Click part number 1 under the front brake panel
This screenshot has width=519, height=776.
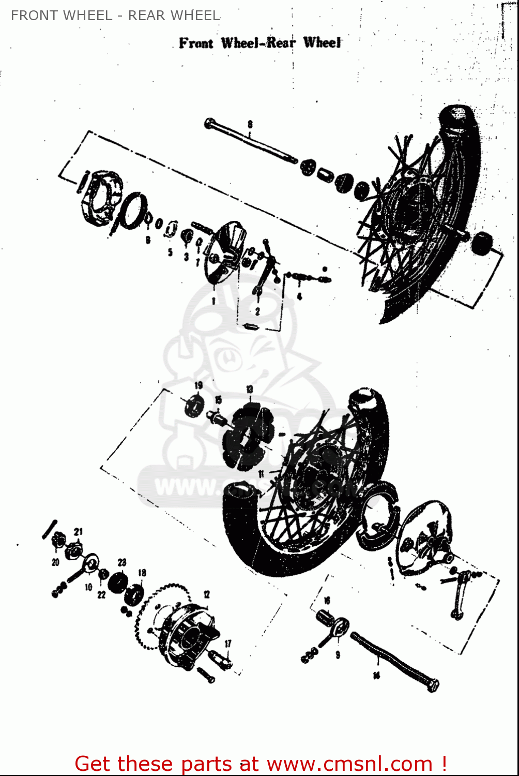point(213,300)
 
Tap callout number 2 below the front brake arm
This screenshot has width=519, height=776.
point(257,311)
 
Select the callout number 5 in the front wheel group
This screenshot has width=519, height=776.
point(170,253)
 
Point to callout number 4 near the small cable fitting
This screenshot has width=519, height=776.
point(299,296)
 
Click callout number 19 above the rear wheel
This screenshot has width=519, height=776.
point(199,385)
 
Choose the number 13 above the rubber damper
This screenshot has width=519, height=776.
point(250,389)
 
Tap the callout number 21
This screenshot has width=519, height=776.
point(78,531)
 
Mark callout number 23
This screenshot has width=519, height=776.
point(122,562)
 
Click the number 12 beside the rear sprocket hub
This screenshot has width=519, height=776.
point(206,594)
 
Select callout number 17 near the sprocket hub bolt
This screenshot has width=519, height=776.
point(228,644)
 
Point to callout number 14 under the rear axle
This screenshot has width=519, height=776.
point(376,675)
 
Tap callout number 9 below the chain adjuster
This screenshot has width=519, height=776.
point(338,655)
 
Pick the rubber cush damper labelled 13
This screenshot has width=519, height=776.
point(246,437)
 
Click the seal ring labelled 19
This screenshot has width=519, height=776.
point(194,405)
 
